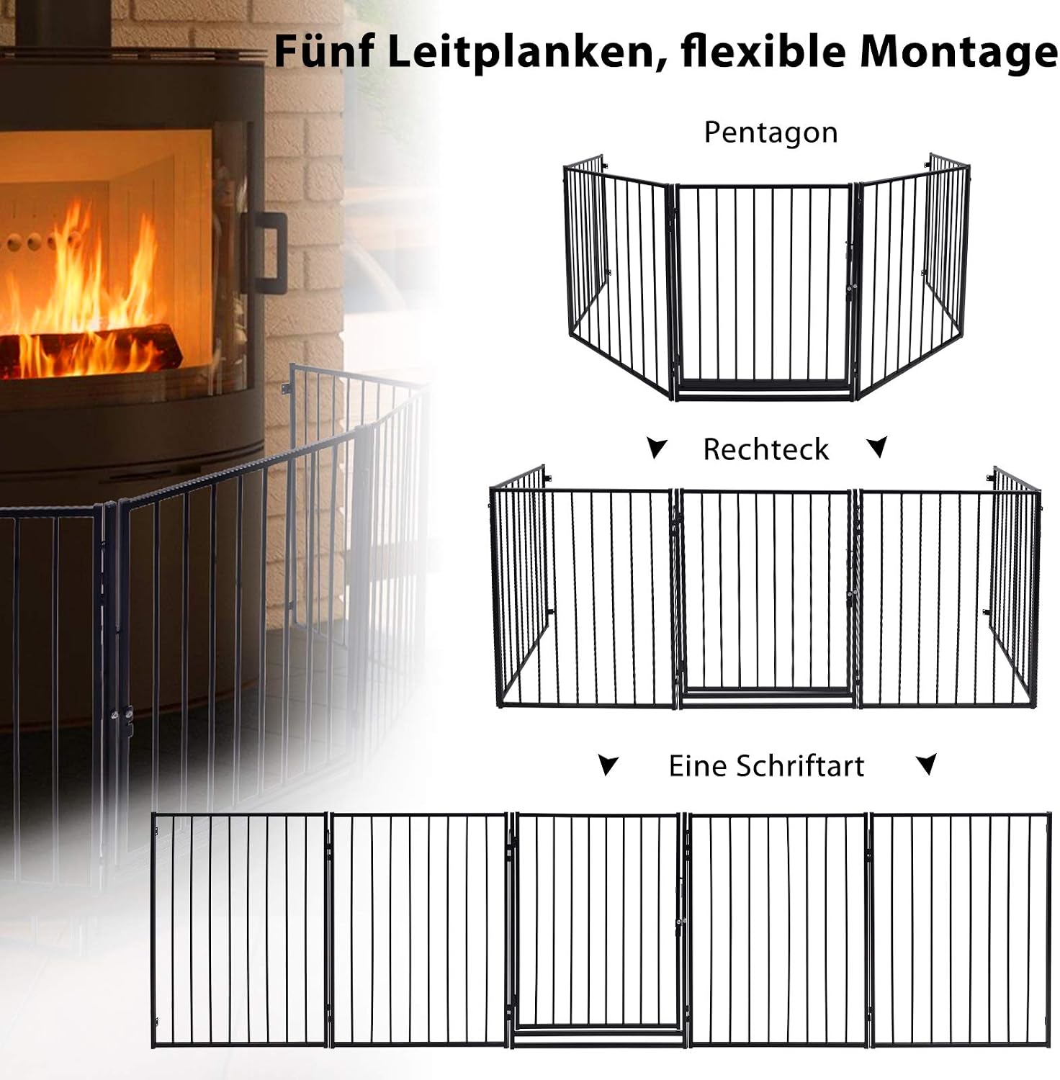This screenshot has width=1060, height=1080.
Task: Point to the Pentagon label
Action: (771, 133)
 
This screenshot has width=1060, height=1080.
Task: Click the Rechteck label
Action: (765, 449)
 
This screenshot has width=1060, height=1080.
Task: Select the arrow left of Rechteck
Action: (656, 448)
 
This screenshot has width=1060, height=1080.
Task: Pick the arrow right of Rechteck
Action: (877, 447)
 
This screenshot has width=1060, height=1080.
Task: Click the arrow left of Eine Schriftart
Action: (608, 765)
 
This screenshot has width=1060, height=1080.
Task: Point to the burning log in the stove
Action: (90, 351)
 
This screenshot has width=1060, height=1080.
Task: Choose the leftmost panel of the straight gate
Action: (240, 930)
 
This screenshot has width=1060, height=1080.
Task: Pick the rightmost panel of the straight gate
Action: (961, 930)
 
